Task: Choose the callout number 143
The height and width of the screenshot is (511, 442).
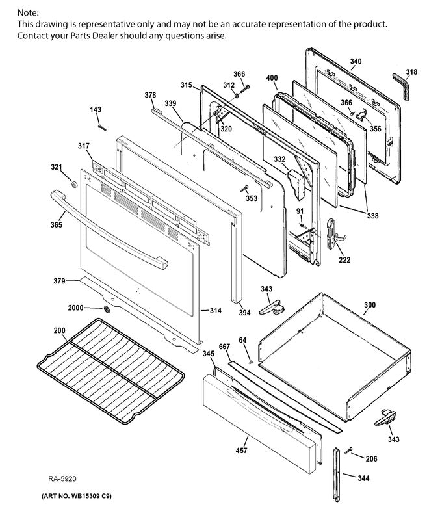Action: point(96,110)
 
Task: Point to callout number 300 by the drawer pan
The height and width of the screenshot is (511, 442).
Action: point(369,304)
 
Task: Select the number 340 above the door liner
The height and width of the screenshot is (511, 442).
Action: point(356,62)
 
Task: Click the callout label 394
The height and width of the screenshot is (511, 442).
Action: point(244,313)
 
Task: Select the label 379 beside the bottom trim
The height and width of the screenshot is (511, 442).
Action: point(60,282)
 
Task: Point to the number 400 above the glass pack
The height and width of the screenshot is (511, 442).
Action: point(272,78)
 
